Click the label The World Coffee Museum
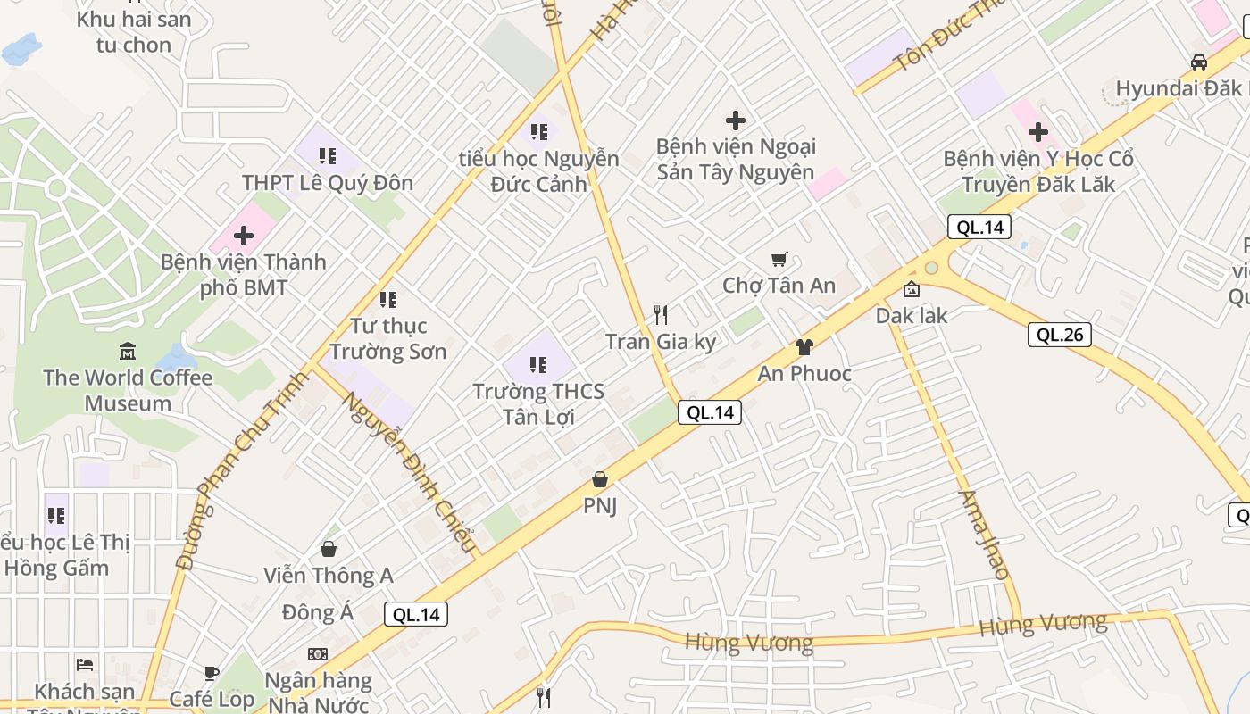coord(128,390)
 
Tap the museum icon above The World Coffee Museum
coord(128,351)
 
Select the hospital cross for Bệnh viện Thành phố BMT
coord(244,237)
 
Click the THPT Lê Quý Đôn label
coord(328,183)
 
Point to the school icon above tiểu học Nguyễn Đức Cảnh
coord(538,132)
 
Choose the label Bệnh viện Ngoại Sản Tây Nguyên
coord(736,159)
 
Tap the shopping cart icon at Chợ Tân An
coord(779,259)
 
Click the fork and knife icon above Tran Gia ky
coord(661,314)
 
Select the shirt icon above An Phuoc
coord(804,347)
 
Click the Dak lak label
coord(912,315)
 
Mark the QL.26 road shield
coord(1060,335)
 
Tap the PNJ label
coord(600,506)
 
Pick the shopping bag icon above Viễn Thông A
coord(329,548)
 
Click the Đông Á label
coord(318,613)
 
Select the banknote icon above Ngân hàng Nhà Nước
coord(318,654)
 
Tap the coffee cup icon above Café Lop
coord(212,673)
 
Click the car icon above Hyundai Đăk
coord(1199,62)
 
